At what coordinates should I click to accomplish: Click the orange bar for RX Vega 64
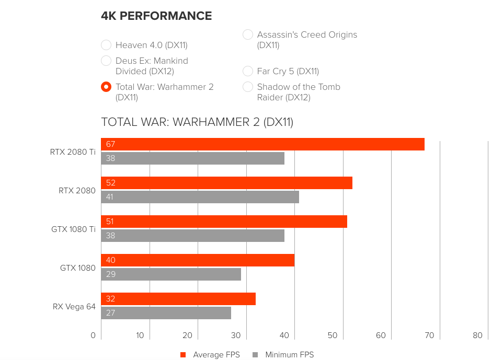178,299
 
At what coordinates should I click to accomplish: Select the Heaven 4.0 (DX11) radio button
106,45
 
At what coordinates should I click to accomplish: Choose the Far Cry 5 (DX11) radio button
248,71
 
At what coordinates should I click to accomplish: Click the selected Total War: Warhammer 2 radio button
106,87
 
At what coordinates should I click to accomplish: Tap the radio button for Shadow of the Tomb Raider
248,87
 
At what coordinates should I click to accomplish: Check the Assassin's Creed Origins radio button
248,34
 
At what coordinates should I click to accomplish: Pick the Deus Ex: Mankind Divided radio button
106,61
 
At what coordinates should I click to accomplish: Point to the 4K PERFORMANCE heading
156,16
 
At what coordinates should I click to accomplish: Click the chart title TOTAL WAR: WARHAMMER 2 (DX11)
197,122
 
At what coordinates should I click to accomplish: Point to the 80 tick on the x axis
477,335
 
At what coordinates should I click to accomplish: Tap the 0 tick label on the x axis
93,335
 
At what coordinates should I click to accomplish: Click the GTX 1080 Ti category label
73,229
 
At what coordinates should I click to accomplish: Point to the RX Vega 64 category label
74,307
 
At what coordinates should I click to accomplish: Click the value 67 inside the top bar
110,144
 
